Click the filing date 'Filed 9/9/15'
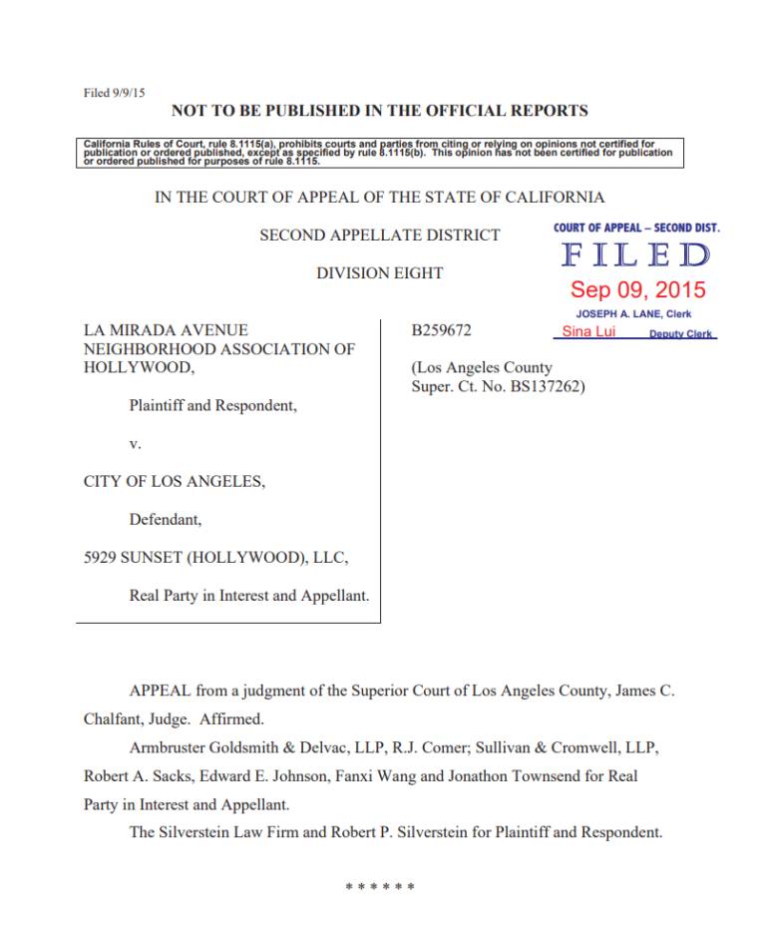click(x=115, y=93)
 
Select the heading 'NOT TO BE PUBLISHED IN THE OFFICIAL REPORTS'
click(x=380, y=111)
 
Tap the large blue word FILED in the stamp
click(x=636, y=256)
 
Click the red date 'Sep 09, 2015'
click(x=637, y=290)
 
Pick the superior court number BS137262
click(x=538, y=386)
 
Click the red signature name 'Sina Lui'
click(x=588, y=331)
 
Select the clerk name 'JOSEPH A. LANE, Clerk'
click(x=633, y=313)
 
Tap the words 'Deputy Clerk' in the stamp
click(x=681, y=334)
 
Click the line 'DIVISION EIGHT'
click(x=380, y=272)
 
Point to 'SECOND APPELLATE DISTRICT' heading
click(x=380, y=235)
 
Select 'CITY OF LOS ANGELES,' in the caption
click(x=175, y=482)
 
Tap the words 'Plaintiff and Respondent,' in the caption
click(x=212, y=406)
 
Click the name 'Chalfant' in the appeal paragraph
click(x=113, y=718)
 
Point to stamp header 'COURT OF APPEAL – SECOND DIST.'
click(x=636, y=228)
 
